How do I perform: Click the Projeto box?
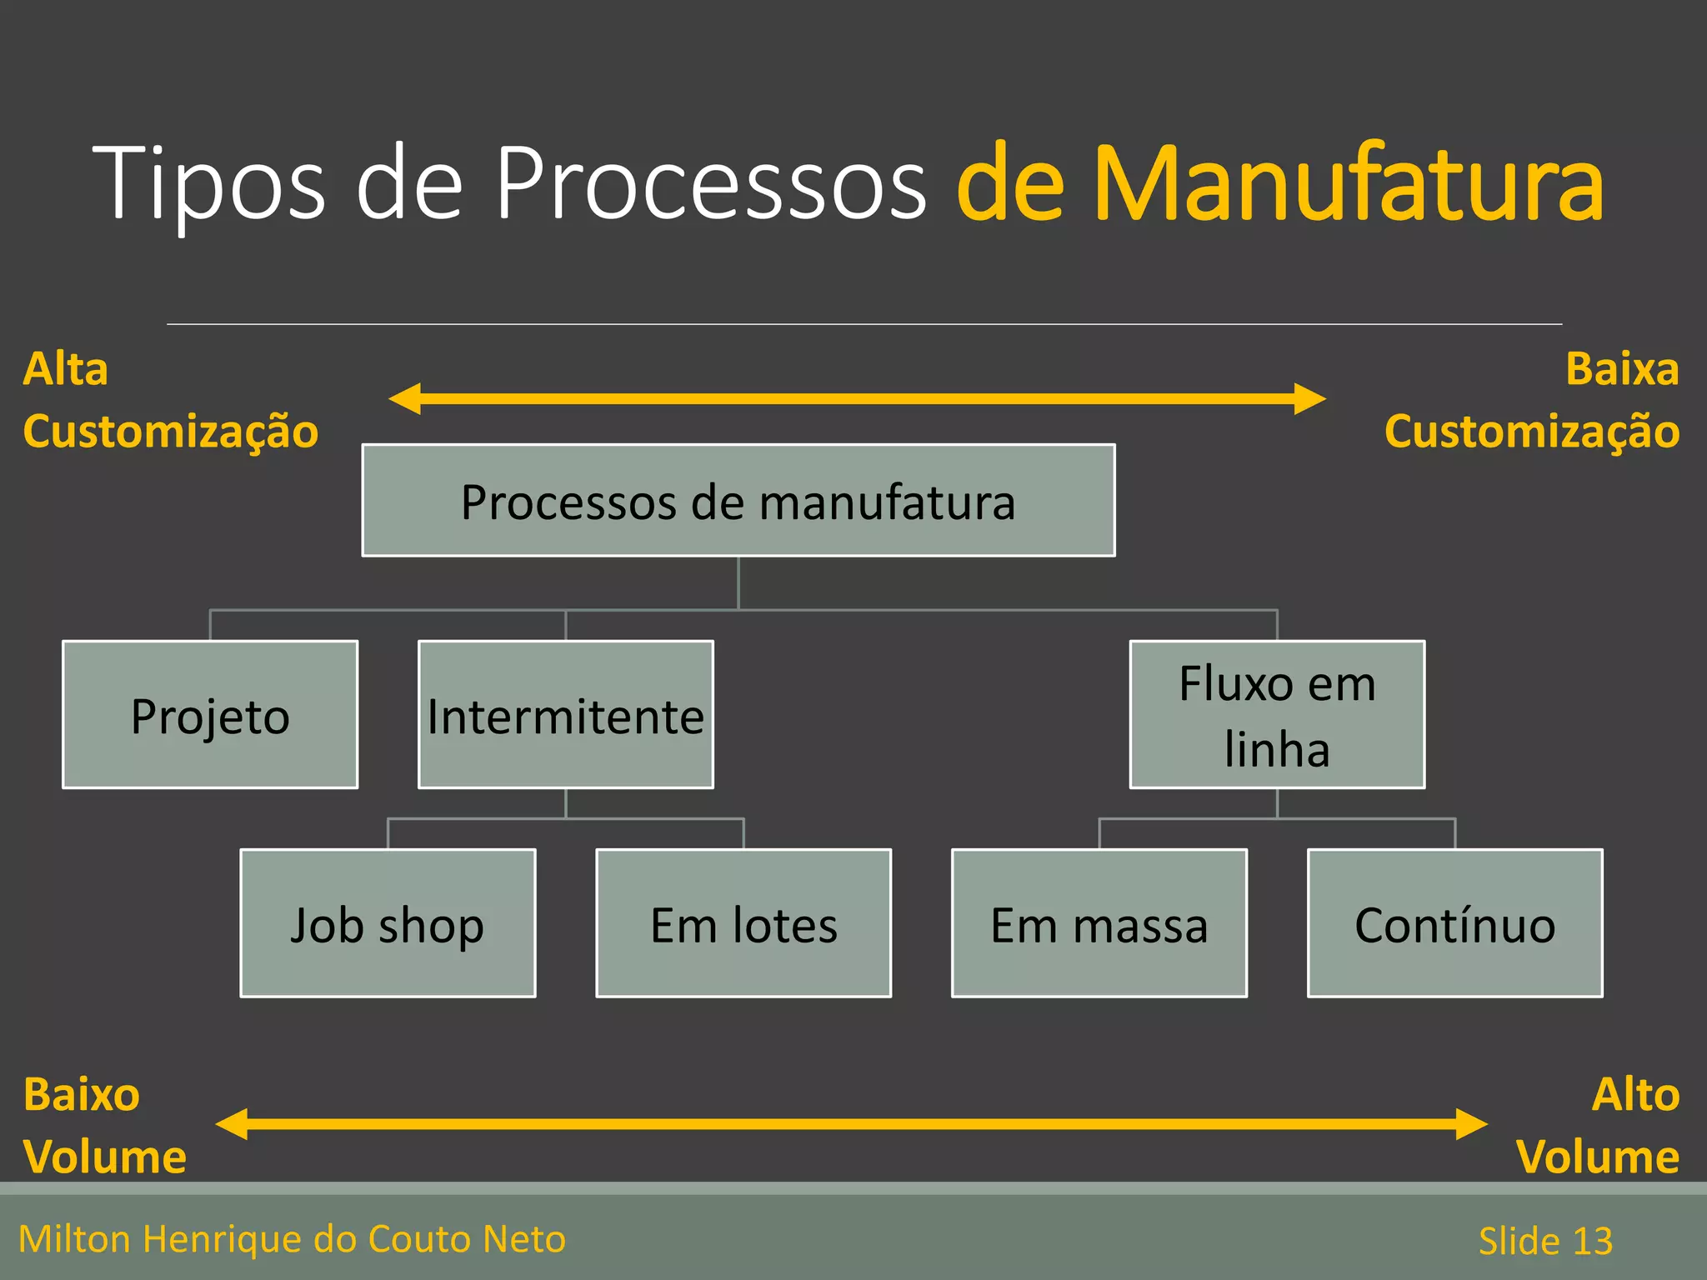coord(210,715)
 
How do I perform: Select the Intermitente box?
coord(565,715)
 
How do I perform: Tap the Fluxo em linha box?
coord(1277,715)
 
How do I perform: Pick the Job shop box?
coord(388,923)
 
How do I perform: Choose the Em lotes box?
coord(743,923)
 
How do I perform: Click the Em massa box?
coord(1099,923)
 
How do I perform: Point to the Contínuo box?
coord(1454,923)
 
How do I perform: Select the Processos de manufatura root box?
coord(738,501)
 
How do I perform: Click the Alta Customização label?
coord(170,400)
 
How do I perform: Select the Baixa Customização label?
coord(1532,400)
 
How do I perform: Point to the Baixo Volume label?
coord(104,1126)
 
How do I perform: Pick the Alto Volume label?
coord(1597,1126)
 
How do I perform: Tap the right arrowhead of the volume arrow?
coord(1471,1124)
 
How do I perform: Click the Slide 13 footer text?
coord(1545,1240)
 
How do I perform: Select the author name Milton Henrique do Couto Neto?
coord(292,1239)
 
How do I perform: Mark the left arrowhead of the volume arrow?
coord(233,1124)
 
